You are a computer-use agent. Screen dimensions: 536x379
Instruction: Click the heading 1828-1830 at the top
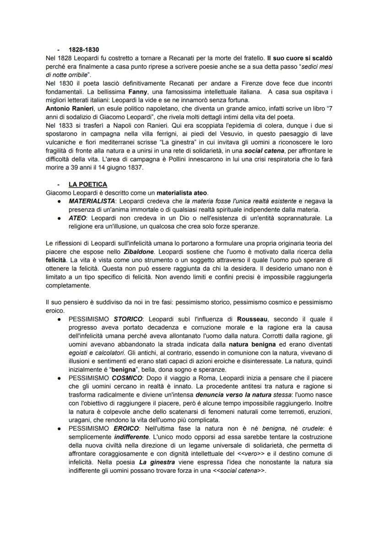(x=84, y=50)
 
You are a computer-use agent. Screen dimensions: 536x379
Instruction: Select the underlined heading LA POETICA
(x=88, y=184)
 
